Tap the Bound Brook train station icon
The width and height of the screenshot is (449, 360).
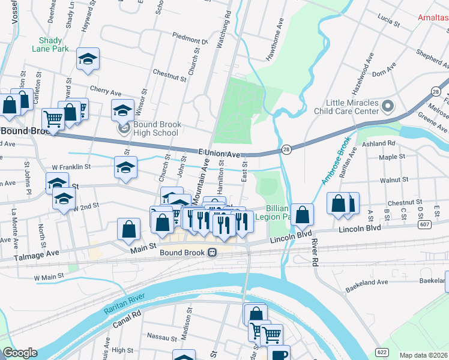coord(212,253)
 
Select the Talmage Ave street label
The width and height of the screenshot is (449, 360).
coord(37,254)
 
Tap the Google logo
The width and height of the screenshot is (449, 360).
coord(20,353)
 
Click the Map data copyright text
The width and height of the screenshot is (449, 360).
coord(423,355)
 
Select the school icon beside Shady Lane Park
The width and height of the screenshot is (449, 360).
coord(88,59)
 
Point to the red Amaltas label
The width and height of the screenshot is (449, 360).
coord(433,17)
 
